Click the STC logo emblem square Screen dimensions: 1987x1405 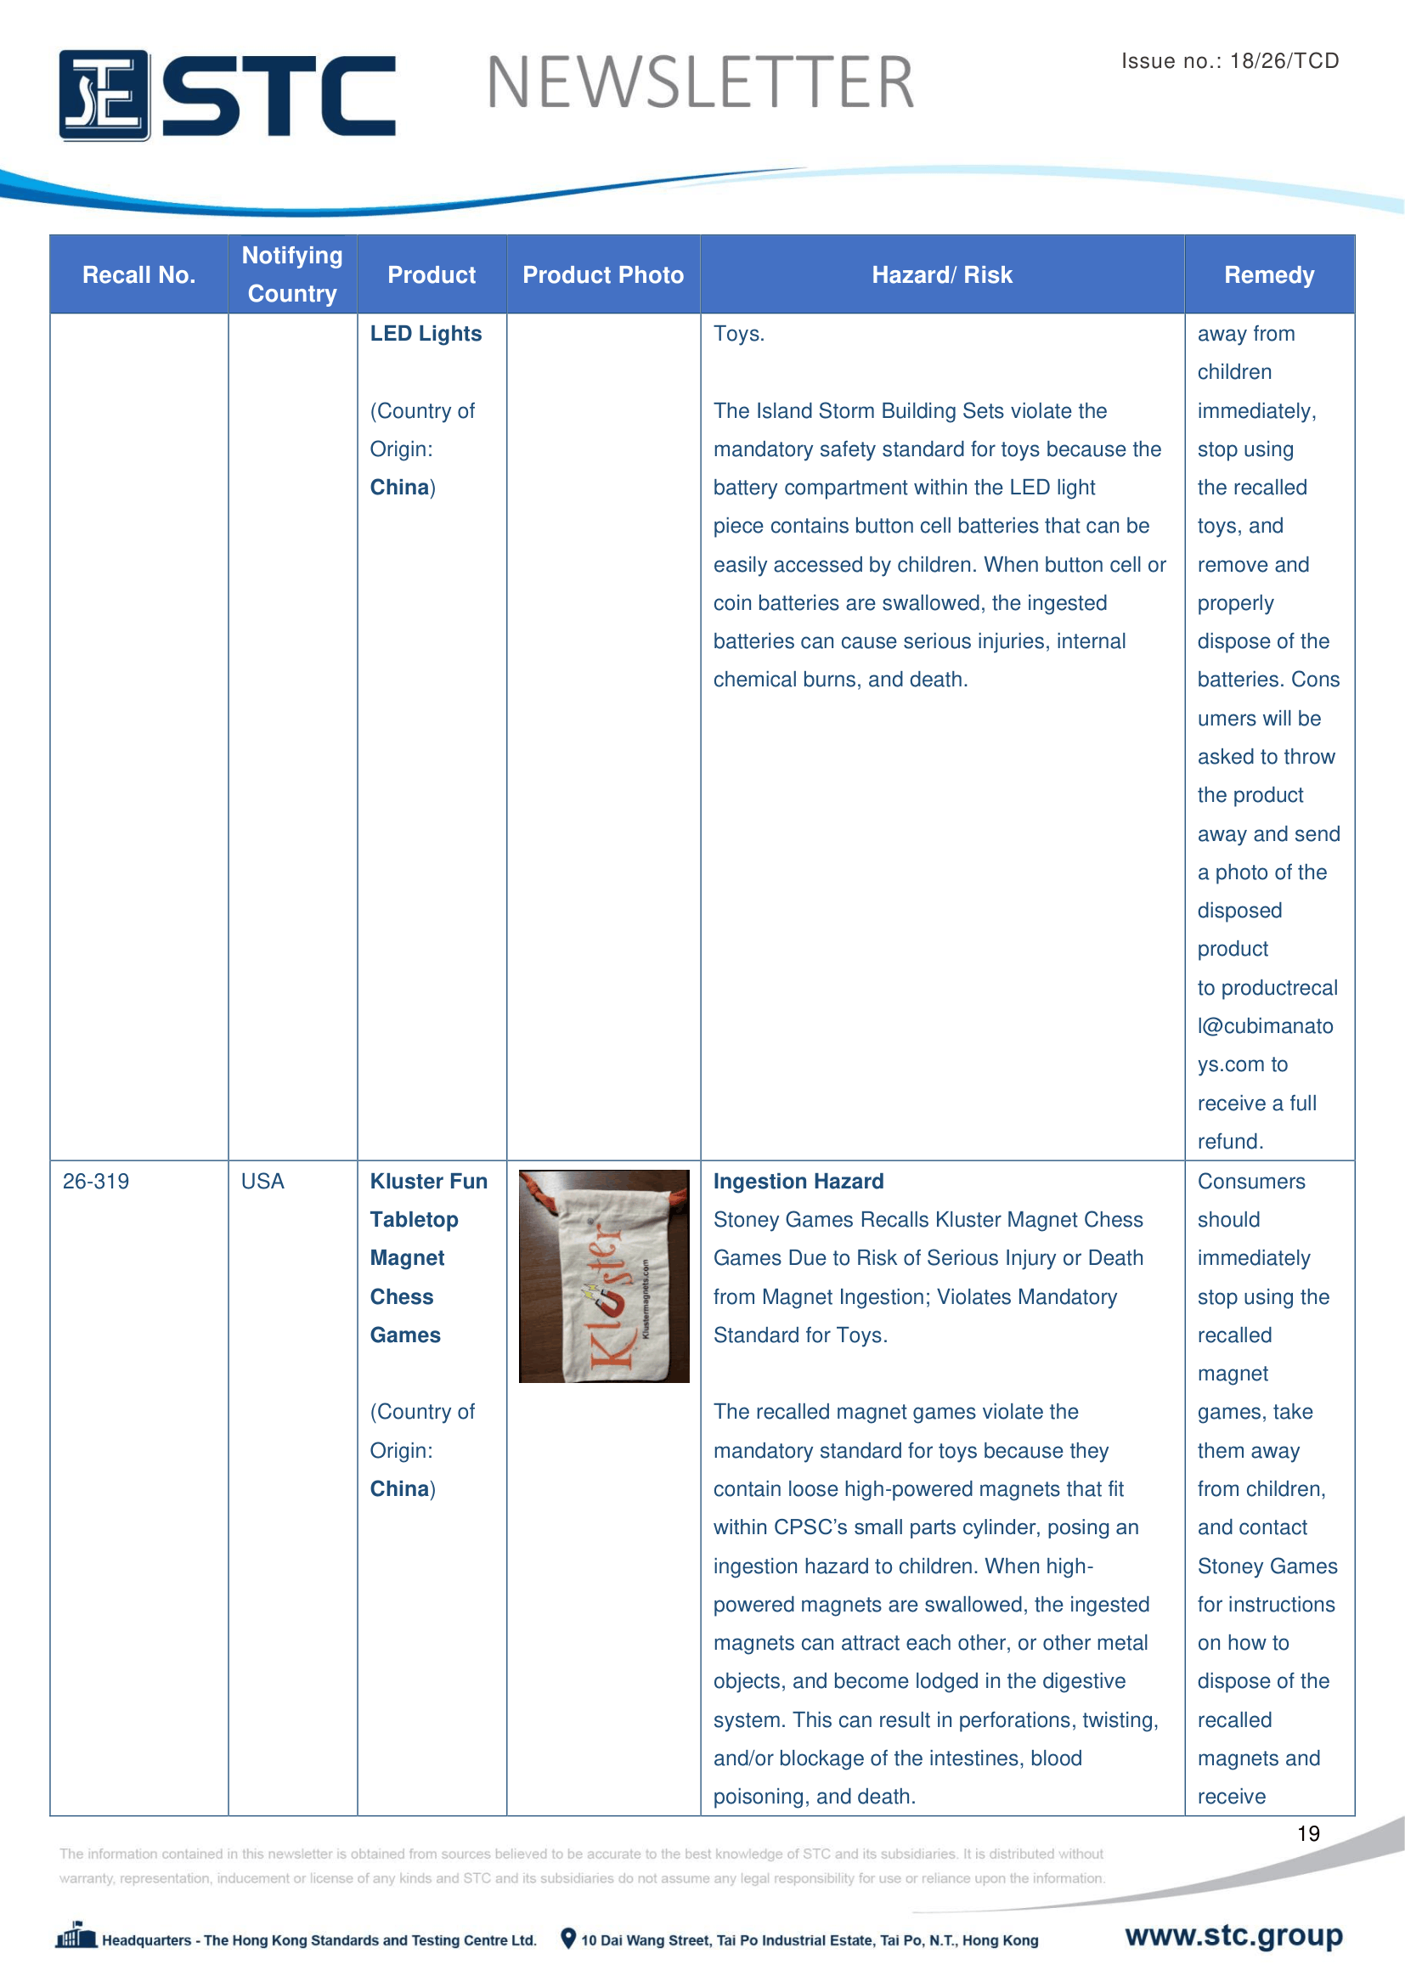click(x=104, y=95)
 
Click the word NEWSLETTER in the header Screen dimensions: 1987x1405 click(x=700, y=83)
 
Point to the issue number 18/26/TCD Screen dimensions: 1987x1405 click(x=1284, y=60)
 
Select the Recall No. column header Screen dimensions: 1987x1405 click(x=138, y=275)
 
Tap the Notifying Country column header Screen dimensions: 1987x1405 click(x=292, y=274)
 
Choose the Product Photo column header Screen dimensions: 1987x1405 click(x=603, y=275)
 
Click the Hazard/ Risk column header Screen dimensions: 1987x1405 click(x=941, y=275)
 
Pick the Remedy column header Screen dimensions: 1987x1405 click(x=1268, y=275)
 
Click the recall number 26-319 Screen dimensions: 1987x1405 click(x=96, y=1182)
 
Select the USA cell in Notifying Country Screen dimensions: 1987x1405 click(x=262, y=1182)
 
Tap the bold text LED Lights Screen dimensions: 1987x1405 click(x=426, y=334)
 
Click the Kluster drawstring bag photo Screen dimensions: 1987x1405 click(x=604, y=1276)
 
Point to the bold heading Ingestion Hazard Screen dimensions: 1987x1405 click(x=798, y=1182)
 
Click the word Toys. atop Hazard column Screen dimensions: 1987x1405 click(x=738, y=334)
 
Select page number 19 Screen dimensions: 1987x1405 click(x=1308, y=1833)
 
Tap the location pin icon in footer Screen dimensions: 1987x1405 click(x=567, y=1939)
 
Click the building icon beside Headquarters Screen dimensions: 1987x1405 click(x=76, y=1935)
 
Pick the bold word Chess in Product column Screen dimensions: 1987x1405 click(x=402, y=1296)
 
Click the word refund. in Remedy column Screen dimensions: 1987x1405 click(x=1230, y=1142)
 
